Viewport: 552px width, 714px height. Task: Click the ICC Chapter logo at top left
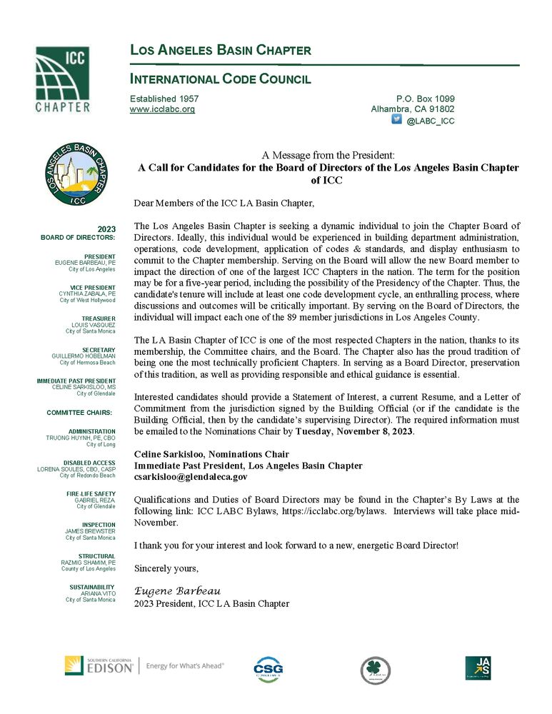[63, 79]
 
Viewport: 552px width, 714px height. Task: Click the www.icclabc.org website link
[162, 110]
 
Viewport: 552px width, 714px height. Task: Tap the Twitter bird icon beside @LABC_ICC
[396, 121]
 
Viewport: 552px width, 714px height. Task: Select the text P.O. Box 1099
[425, 99]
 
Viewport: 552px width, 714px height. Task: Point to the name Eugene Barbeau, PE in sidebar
[85, 263]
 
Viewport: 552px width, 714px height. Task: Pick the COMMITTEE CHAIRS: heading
[79, 413]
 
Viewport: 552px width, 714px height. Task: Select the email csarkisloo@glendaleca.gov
[191, 477]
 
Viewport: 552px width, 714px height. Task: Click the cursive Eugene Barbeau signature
[178, 591]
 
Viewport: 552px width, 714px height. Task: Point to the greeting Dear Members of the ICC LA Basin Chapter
[224, 203]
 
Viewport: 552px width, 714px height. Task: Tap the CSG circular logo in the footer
[269, 670]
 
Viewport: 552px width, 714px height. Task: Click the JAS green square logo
[477, 668]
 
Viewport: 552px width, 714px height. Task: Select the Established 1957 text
[164, 99]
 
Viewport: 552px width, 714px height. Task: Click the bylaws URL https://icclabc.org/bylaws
[333, 511]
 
